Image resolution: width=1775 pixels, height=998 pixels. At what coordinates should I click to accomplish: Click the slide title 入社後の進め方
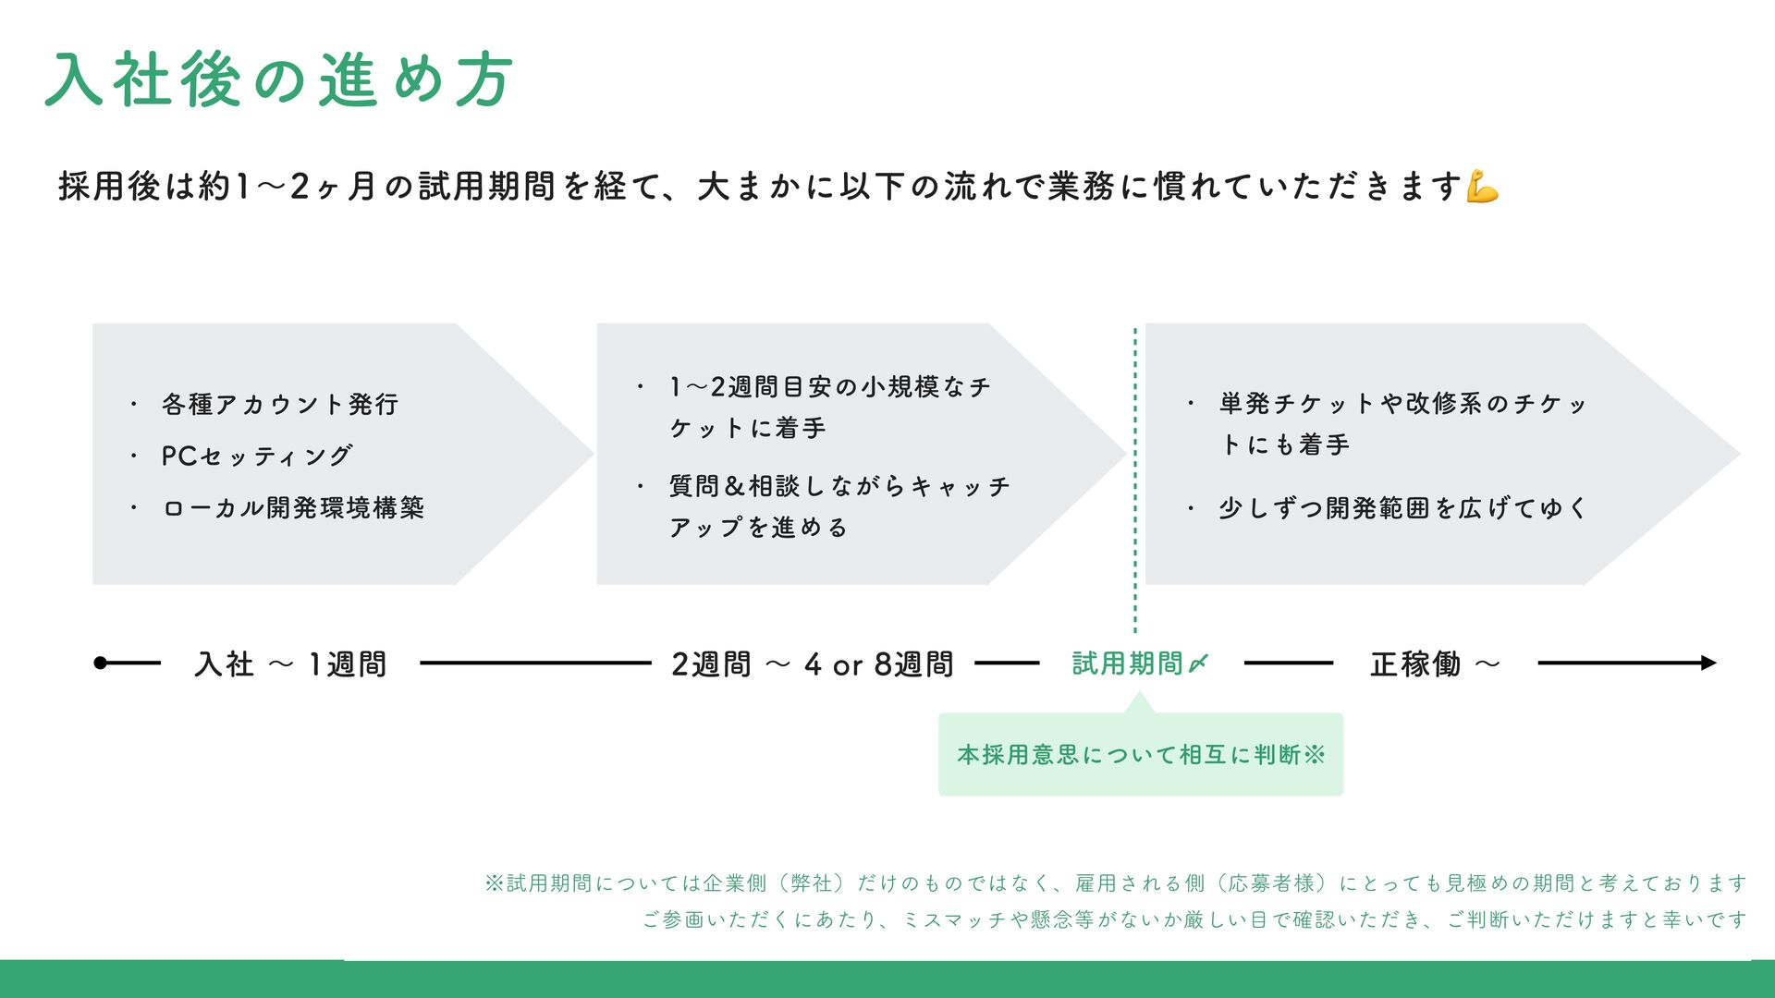[x=278, y=79]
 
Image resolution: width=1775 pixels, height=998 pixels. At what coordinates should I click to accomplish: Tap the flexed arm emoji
[x=1482, y=186]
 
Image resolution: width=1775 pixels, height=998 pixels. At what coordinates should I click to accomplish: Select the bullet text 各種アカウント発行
[x=280, y=405]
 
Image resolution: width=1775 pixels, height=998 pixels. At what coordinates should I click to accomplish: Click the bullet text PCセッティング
[x=257, y=456]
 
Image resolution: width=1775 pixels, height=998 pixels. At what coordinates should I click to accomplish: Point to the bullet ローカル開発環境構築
[x=293, y=508]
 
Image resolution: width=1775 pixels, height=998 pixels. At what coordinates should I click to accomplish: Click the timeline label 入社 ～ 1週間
[x=290, y=663]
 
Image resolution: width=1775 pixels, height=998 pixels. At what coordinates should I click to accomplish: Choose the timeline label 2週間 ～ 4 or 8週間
[x=812, y=663]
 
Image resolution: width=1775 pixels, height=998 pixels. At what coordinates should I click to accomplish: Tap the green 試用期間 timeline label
[x=1127, y=663]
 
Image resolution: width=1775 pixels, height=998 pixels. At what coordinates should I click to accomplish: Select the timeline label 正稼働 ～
[x=1434, y=663]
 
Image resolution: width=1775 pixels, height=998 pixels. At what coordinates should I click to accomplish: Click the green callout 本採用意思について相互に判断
[x=1140, y=755]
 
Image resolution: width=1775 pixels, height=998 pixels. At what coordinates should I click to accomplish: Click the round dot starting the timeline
[x=101, y=663]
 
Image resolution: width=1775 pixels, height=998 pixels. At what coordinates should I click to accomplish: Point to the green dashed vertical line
[x=1135, y=481]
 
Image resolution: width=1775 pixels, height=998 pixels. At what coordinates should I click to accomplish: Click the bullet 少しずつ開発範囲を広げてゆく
[x=1402, y=508]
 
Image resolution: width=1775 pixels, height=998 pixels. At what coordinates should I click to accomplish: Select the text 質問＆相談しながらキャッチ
[x=839, y=486]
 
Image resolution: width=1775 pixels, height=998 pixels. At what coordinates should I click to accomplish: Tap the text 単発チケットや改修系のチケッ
[x=1402, y=404]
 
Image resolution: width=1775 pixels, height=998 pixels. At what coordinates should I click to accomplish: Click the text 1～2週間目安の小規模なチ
[x=830, y=387]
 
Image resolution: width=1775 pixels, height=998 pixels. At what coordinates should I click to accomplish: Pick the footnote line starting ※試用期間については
[x=1115, y=883]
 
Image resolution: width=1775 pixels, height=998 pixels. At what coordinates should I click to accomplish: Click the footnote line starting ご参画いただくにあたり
[x=1194, y=919]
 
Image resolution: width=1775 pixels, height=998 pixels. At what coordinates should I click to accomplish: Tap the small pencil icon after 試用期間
[x=1198, y=663]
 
